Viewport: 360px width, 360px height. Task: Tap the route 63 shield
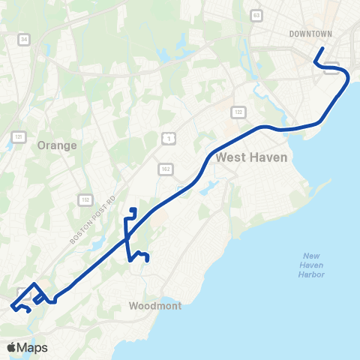click(x=256, y=14)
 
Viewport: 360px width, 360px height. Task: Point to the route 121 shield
click(x=19, y=136)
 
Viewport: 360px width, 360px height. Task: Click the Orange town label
click(x=57, y=146)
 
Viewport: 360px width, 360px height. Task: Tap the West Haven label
click(x=247, y=158)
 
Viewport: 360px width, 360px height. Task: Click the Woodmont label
click(x=152, y=306)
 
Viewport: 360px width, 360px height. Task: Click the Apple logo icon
click(x=13, y=347)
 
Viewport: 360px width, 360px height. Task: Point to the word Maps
click(x=34, y=347)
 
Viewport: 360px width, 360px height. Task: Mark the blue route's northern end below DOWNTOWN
click(x=321, y=49)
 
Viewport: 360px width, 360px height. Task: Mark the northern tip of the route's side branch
click(x=133, y=209)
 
